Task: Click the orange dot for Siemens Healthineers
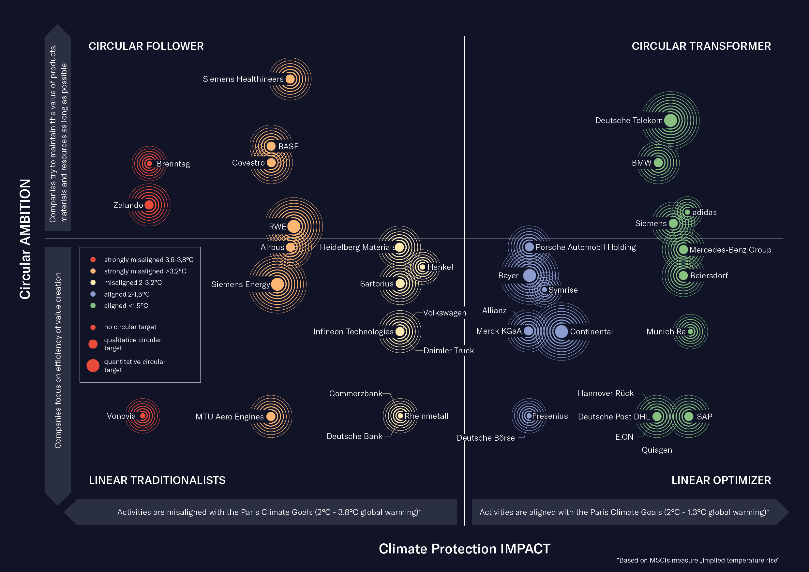click(290, 79)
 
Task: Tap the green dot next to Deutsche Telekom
click(670, 120)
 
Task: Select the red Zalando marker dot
click(149, 205)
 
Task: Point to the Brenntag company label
click(173, 164)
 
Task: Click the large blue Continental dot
click(561, 331)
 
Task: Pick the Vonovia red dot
click(143, 416)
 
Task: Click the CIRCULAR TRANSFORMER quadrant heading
click(701, 46)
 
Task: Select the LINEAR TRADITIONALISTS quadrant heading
click(157, 480)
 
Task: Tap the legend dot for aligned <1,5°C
click(93, 305)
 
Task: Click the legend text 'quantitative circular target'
click(134, 366)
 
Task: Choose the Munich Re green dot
click(690, 331)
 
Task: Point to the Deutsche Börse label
click(486, 438)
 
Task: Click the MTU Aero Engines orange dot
click(271, 416)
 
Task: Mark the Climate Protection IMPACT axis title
click(464, 549)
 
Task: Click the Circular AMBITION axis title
click(25, 239)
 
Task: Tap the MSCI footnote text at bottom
click(698, 560)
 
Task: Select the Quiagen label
click(656, 450)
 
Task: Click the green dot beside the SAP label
click(688, 416)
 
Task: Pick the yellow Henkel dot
click(422, 267)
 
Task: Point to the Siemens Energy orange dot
click(277, 284)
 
